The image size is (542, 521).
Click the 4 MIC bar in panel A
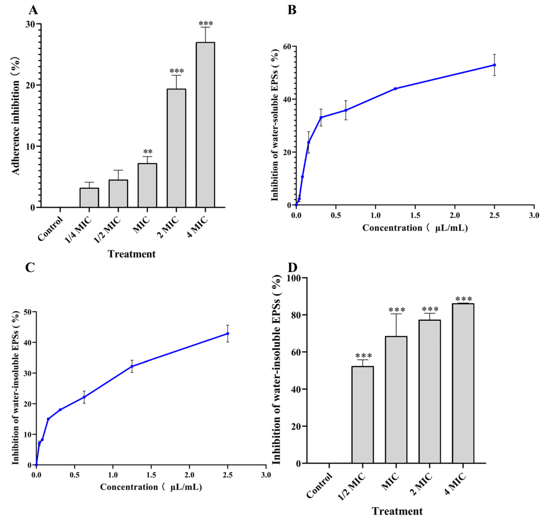pyautogui.click(x=205, y=124)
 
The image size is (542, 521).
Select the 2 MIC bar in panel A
pyautogui.click(x=176, y=148)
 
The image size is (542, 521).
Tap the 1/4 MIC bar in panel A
pyautogui.click(x=89, y=197)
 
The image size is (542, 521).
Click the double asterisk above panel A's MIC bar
pyautogui.click(x=148, y=152)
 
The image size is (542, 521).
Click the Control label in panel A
pyautogui.click(x=50, y=229)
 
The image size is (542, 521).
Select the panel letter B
pyautogui.click(x=292, y=10)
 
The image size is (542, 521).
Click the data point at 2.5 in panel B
pyautogui.click(x=494, y=65)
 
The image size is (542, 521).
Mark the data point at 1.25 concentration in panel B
pyautogui.click(x=395, y=89)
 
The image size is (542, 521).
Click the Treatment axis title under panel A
pyautogui.click(x=132, y=254)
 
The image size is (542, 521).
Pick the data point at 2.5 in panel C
pyautogui.click(x=228, y=334)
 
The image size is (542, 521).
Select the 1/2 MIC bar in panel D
pyautogui.click(x=363, y=415)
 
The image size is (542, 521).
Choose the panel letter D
pyautogui.click(x=292, y=267)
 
